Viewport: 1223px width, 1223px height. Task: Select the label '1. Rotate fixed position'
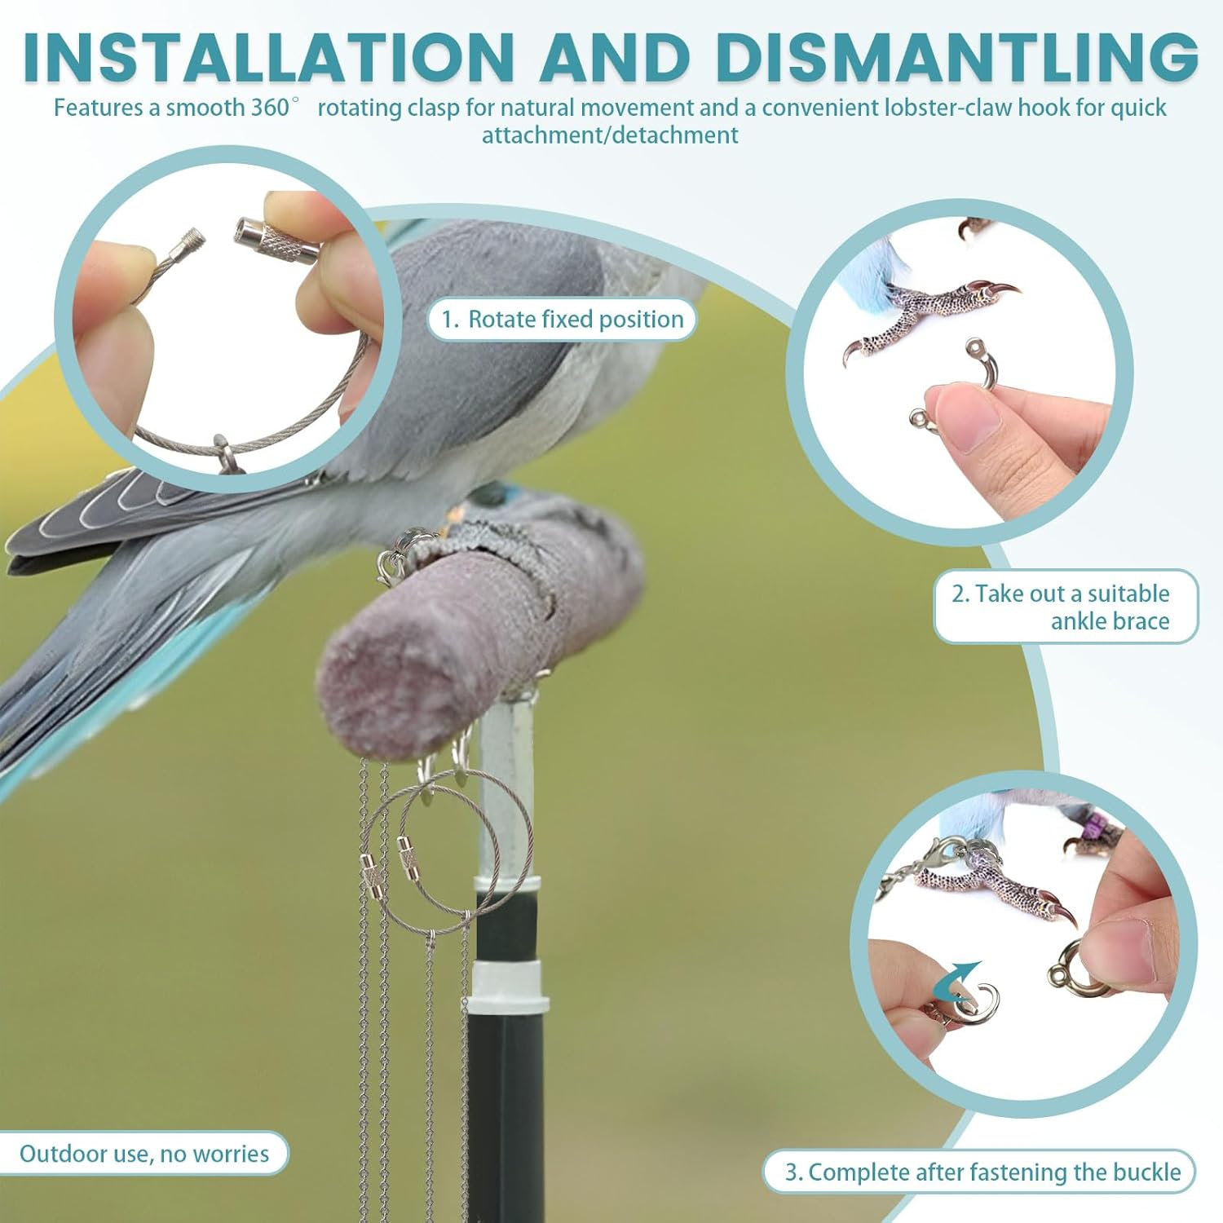pyautogui.click(x=563, y=320)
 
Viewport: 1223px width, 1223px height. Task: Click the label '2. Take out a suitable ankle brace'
pyautogui.click(x=1064, y=607)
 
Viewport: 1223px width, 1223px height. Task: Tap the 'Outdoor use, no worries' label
pyautogui.click(x=143, y=1154)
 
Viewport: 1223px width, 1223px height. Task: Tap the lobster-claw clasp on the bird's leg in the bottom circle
pyautogui.click(x=936, y=858)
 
